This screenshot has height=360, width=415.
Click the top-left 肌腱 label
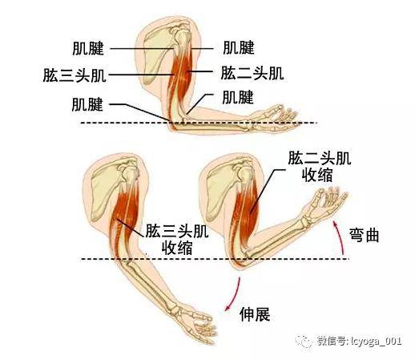click(x=88, y=48)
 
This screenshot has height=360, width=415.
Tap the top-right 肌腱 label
click(x=239, y=47)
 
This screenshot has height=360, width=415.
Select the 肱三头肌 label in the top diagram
click(x=75, y=75)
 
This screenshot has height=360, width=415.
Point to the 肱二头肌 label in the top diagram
click(x=252, y=73)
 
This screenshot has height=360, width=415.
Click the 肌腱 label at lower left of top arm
click(x=87, y=104)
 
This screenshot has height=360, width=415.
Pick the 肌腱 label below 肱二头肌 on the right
click(x=238, y=97)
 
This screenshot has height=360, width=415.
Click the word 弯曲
click(x=365, y=235)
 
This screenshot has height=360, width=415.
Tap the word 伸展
click(x=255, y=314)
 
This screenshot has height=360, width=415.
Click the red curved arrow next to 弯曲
click(x=339, y=236)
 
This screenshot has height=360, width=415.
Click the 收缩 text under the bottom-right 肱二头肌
click(x=317, y=176)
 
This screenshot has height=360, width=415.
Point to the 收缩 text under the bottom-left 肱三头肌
click(x=177, y=248)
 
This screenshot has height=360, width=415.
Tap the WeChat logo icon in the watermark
click(x=304, y=342)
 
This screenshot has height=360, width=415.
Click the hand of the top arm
click(x=276, y=118)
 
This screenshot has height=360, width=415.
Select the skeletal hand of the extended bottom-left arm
click(x=196, y=323)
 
